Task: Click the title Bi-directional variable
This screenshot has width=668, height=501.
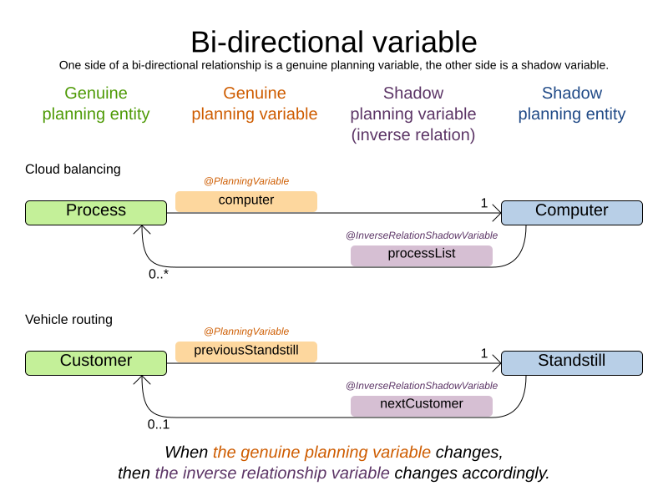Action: pyautogui.click(x=333, y=42)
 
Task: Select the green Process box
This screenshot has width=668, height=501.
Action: pyautogui.click(x=96, y=212)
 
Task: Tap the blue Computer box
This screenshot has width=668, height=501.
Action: pyautogui.click(x=571, y=212)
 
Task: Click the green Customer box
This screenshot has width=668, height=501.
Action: pyautogui.click(x=96, y=362)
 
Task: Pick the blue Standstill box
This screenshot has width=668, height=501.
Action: pyautogui.click(x=571, y=362)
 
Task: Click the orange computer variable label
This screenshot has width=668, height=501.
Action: pyautogui.click(x=245, y=200)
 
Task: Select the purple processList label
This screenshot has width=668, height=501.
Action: pyautogui.click(x=421, y=255)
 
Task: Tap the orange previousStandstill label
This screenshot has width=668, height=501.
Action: pyautogui.click(x=245, y=351)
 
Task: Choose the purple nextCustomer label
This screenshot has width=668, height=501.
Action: pyautogui.click(x=421, y=405)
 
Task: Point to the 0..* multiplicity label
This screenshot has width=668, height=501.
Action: pyautogui.click(x=159, y=274)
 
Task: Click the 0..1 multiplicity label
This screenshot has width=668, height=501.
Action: pyautogui.click(x=159, y=424)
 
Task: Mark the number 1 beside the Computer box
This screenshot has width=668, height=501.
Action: pyautogui.click(x=483, y=203)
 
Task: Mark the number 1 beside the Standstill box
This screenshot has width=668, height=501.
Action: pyautogui.click(x=483, y=353)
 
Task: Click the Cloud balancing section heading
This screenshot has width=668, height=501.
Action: pyautogui.click(x=73, y=170)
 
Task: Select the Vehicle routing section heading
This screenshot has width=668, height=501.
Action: pyautogui.click(x=68, y=320)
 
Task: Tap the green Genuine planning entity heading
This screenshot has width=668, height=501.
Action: pyautogui.click(x=96, y=104)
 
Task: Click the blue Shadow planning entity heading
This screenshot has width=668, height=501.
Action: pyautogui.click(x=571, y=104)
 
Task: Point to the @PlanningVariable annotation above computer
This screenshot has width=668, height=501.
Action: pyautogui.click(x=245, y=181)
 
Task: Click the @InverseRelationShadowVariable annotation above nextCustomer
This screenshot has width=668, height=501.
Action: pyautogui.click(x=421, y=386)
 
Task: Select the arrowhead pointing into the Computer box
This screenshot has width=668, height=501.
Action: pyautogui.click(x=496, y=213)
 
